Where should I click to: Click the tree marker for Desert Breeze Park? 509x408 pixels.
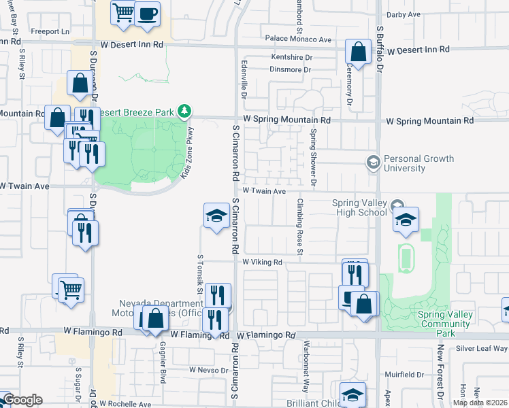[183, 110]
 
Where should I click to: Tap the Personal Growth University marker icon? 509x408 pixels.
[373, 163]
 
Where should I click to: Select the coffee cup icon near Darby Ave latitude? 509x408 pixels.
[147, 14]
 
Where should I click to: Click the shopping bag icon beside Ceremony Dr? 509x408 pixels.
[357, 51]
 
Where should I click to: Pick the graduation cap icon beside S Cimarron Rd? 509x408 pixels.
[216, 216]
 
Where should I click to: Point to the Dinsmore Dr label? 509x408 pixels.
[291, 69]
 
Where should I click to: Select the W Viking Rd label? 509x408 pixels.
[262, 262]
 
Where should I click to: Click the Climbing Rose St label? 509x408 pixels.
[299, 226]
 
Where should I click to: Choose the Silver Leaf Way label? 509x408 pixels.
[482, 349]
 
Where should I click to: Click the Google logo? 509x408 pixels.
[22, 400]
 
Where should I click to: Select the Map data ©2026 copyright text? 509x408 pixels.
[480, 403]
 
